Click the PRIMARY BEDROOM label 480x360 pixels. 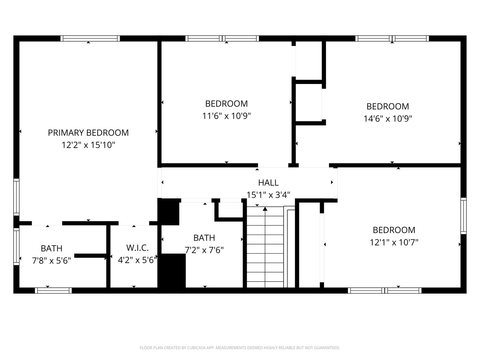88,133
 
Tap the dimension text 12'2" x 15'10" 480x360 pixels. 88,145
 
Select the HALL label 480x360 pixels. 268,183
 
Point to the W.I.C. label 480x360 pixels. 137,248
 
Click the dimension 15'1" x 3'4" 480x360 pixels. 268,195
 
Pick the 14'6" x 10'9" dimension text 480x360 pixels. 388,119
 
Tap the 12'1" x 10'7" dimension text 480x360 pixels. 394,242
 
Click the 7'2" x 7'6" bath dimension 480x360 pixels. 204,250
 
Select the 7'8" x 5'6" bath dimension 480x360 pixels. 52,261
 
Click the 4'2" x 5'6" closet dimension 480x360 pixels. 137,260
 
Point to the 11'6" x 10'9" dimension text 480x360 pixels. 226,116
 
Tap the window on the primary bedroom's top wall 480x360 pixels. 90,38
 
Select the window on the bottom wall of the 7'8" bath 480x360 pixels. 53,290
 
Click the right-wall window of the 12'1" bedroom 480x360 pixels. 464,216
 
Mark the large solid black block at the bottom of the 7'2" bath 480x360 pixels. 172,271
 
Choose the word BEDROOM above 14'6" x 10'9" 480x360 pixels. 388,106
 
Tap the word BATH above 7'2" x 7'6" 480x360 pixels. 204,238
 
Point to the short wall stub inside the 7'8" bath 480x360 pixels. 91,256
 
